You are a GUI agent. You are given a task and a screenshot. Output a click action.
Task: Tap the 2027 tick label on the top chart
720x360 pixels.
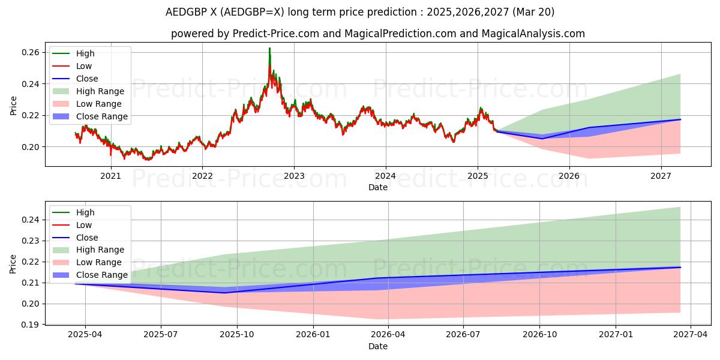coord(661,176)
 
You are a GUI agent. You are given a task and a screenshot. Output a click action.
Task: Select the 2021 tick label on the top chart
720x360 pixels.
coord(110,176)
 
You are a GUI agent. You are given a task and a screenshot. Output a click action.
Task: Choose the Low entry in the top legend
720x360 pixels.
coord(84,66)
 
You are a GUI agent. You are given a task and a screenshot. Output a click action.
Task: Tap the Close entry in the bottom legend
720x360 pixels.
coord(87,238)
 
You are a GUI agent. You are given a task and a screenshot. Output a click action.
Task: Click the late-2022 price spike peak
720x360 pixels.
coord(269,48)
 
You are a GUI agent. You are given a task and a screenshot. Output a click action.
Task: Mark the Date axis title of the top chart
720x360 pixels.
coord(378,187)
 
